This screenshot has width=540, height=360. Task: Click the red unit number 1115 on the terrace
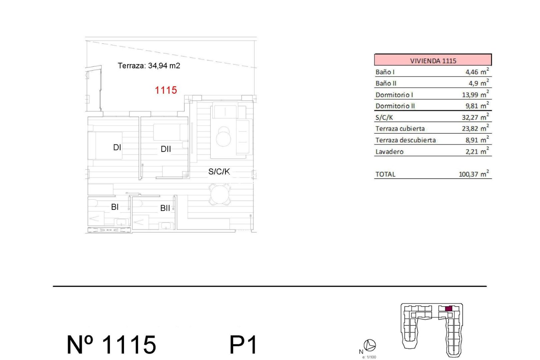tap(166, 90)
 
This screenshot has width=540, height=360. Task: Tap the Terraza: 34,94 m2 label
tap(149, 66)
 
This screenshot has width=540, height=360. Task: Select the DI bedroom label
tap(117, 147)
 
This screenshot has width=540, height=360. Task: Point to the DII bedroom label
tap(166, 149)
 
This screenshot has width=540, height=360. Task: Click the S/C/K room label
tap(219, 172)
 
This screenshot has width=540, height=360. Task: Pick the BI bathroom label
tap(115, 207)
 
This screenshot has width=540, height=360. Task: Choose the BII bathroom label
tap(165, 208)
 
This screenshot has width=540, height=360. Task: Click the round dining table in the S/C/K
tap(219, 195)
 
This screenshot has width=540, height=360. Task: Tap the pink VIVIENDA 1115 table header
tap(433, 60)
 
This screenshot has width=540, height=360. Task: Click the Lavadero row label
tap(389, 152)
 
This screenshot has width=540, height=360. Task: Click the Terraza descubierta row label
tap(405, 140)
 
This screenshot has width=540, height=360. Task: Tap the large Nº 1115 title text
tap(112, 344)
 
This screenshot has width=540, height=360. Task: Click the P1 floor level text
tap(243, 344)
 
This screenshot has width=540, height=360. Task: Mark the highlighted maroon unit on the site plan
tap(448, 309)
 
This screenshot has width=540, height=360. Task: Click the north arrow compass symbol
tap(370, 345)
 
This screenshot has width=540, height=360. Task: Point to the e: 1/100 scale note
tap(369, 357)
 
